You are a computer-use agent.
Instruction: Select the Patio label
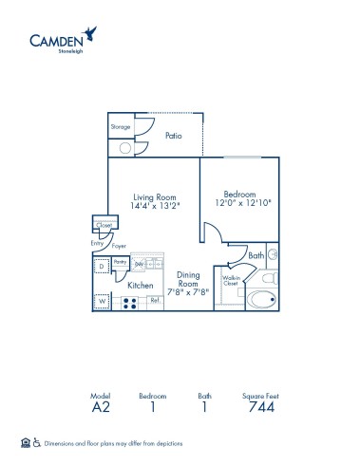pyautogui.click(x=172, y=136)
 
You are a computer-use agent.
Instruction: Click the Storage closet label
pyautogui.click(x=120, y=125)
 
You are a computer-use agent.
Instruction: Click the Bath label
pyautogui.click(x=256, y=255)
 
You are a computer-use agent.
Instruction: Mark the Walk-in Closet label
pyautogui.click(x=230, y=280)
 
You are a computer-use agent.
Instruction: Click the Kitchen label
pyautogui.click(x=142, y=285)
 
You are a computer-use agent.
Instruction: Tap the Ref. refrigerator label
pyautogui.click(x=155, y=301)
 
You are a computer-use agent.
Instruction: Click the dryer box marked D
pyautogui.click(x=102, y=267)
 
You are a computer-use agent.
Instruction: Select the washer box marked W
pyautogui.click(x=102, y=302)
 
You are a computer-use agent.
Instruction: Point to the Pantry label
pyautogui.click(x=120, y=260)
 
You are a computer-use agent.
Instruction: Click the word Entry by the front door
pyautogui.click(x=97, y=244)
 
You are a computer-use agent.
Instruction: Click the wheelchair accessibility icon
pyautogui.click(x=37, y=441)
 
